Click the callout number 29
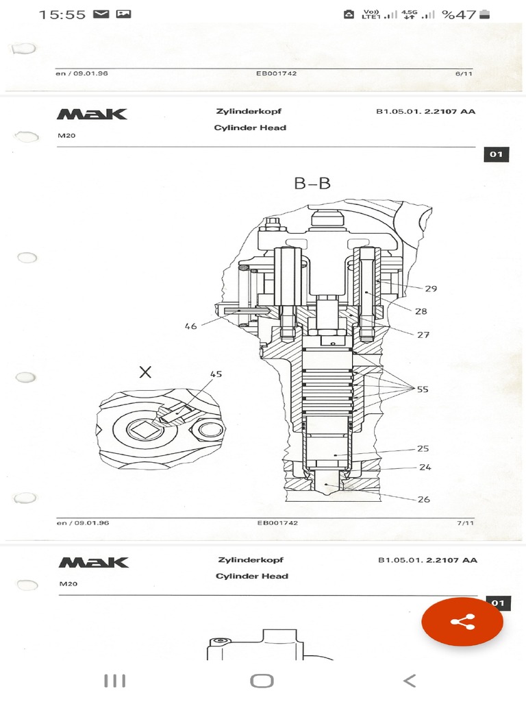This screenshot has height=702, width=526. pyautogui.click(x=430, y=289)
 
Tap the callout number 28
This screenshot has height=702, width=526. pyautogui.click(x=421, y=311)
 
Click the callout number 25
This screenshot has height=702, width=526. pyautogui.click(x=423, y=449)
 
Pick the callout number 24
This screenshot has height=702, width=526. pyautogui.click(x=426, y=468)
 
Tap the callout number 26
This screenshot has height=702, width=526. pyautogui.click(x=423, y=499)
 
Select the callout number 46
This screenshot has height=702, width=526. pyautogui.click(x=190, y=326)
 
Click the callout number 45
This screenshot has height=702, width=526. pyautogui.click(x=216, y=374)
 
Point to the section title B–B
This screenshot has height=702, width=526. pyautogui.click(x=312, y=183)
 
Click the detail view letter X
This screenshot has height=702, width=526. pyautogui.click(x=145, y=372)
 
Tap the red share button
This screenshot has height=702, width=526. pyautogui.click(x=462, y=622)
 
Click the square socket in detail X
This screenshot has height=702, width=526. pyautogui.click(x=147, y=431)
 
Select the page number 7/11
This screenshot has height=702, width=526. pyautogui.click(x=464, y=523)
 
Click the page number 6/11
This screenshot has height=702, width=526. pyautogui.click(x=464, y=73)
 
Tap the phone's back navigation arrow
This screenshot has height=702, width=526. pyautogui.click(x=409, y=681)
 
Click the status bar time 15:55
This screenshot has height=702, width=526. pyautogui.click(x=62, y=14)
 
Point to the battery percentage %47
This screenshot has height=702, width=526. pyautogui.click(x=459, y=14)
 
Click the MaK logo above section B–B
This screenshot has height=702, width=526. pyautogui.click(x=92, y=114)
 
